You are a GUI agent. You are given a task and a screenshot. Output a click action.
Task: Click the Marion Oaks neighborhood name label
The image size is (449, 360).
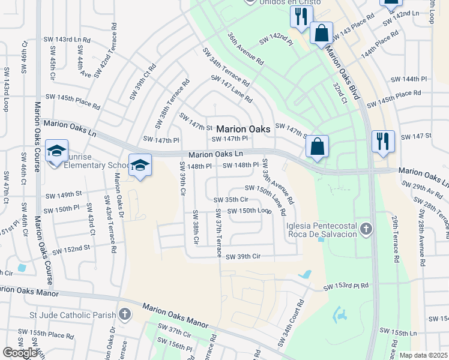click(x=243, y=129)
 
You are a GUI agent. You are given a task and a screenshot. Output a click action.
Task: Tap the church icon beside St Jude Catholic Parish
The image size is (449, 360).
click(x=124, y=314)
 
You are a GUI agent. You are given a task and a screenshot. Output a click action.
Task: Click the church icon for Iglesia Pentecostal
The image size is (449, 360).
click(x=366, y=229)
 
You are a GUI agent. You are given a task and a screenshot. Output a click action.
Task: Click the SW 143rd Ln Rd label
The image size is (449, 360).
click(x=67, y=39)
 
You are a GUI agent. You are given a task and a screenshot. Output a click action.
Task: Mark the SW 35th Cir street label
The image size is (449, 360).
click(x=231, y=200)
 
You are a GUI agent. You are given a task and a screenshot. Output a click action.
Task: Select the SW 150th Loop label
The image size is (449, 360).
click(x=249, y=211)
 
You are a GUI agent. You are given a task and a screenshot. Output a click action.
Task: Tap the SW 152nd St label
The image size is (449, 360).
click(x=71, y=249)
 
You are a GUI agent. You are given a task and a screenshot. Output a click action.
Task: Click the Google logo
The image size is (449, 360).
click(x=20, y=353)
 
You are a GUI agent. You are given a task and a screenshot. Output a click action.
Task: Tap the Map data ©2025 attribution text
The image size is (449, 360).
click(x=423, y=355)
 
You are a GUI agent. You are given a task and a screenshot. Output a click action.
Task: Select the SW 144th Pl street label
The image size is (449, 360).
click(x=408, y=79)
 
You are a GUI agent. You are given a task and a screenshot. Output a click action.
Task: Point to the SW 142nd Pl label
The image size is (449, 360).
click(x=276, y=41)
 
